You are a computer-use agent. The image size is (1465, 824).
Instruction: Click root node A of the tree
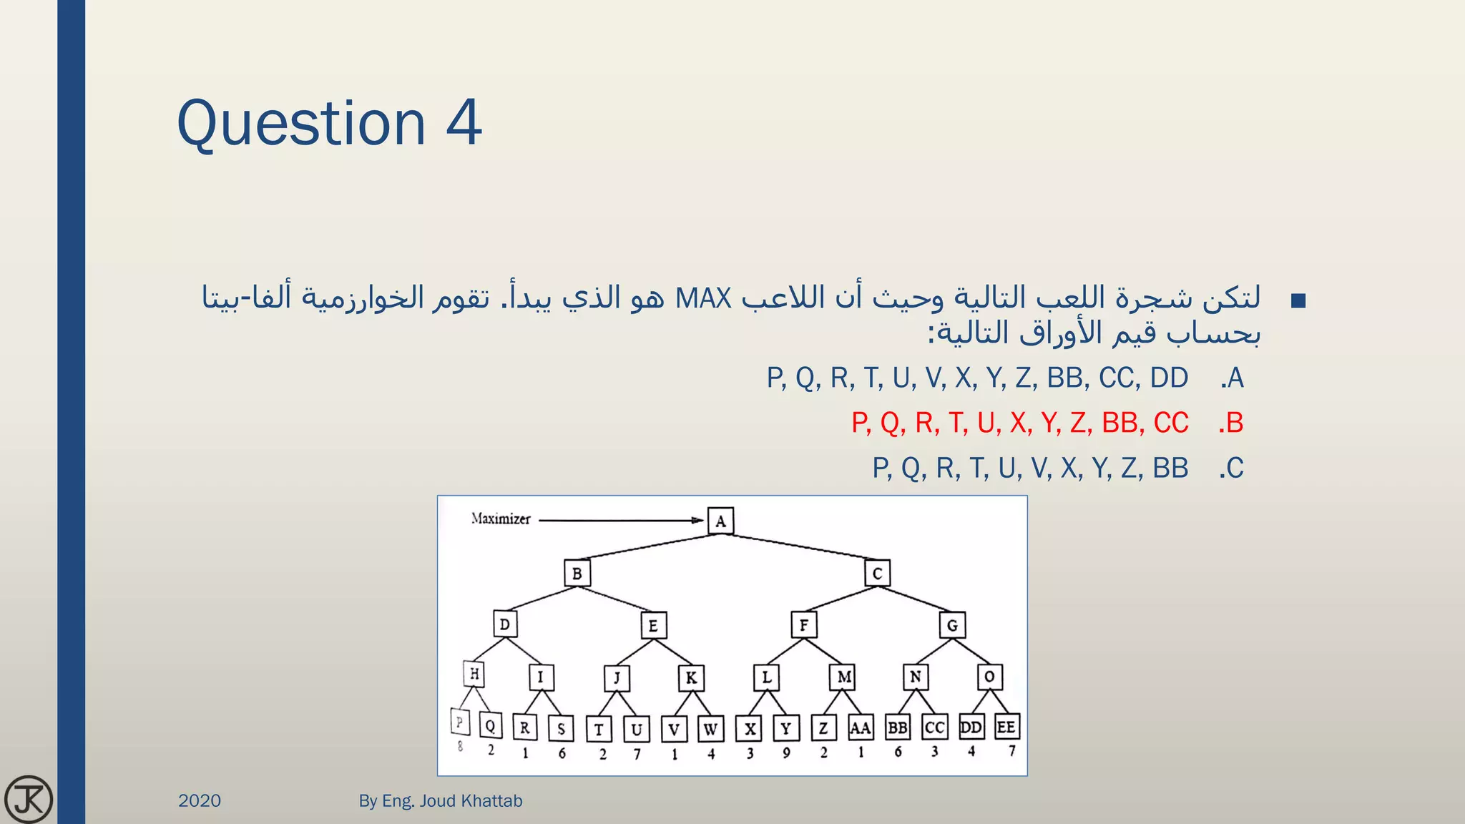[x=720, y=521]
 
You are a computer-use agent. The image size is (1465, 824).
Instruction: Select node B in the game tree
[x=577, y=574]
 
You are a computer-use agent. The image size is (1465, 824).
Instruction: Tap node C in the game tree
[x=877, y=573]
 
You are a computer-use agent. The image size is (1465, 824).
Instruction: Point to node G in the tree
[x=952, y=625]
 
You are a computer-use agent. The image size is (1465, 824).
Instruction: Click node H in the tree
[x=474, y=674]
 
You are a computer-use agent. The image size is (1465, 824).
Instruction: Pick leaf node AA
[x=860, y=728]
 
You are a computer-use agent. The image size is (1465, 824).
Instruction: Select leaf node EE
[x=1006, y=727]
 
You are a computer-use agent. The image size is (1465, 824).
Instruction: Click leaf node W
[x=710, y=730]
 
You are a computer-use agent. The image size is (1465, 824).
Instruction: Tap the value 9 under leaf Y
[x=786, y=753]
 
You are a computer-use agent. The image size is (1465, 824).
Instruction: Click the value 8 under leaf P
[x=460, y=747]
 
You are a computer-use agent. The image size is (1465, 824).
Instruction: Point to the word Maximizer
[x=501, y=519]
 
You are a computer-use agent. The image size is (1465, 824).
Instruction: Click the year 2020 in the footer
[x=200, y=800]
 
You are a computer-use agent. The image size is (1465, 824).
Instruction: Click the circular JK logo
[x=29, y=799]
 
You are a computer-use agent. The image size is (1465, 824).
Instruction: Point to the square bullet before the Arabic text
[x=1298, y=301]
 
